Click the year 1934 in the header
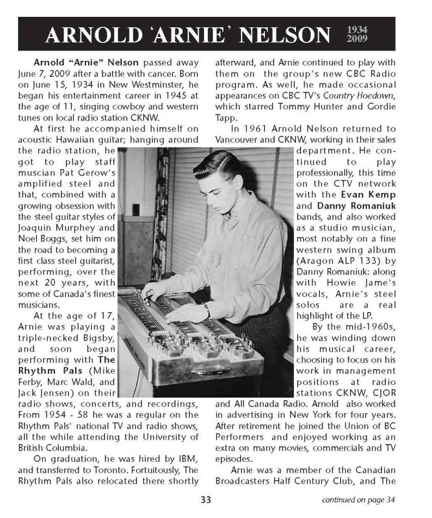click(x=358, y=29)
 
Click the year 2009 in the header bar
click(x=358, y=39)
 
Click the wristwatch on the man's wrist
click(x=205, y=310)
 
